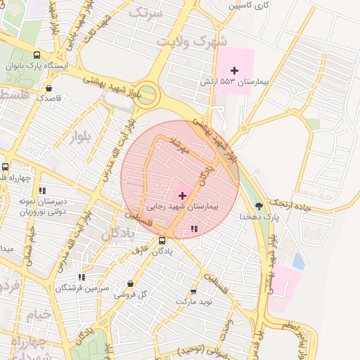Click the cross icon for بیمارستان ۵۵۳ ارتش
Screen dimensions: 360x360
pyautogui.click(x=235, y=70)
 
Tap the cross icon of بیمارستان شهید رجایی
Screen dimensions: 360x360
pyautogui.click(x=183, y=195)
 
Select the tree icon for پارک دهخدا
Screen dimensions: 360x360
pyautogui.click(x=259, y=206)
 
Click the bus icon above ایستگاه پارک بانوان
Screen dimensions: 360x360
pyautogui.click(x=37, y=55)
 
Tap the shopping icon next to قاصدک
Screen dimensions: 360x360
pyautogui.click(x=49, y=88)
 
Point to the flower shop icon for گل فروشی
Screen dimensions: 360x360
pyautogui.click(x=130, y=284)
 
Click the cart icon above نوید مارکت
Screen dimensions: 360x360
pyautogui.click(x=193, y=291)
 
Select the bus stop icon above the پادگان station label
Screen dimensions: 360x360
pyautogui.click(x=162, y=240)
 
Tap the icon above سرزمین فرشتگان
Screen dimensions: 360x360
pyautogui.click(x=82, y=278)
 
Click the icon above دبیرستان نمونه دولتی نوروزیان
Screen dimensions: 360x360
pyautogui.click(x=42, y=190)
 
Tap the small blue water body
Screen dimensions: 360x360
pyautogui.click(x=299, y=262)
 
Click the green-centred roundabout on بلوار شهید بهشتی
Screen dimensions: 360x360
pyautogui.click(x=146, y=95)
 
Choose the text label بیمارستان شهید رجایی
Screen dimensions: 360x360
pyautogui.click(x=184, y=207)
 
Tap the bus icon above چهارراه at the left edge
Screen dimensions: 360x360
pyautogui.click(x=6, y=167)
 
